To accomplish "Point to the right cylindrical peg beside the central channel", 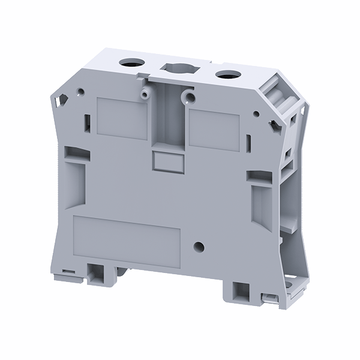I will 190,97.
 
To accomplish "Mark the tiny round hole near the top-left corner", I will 79,93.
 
